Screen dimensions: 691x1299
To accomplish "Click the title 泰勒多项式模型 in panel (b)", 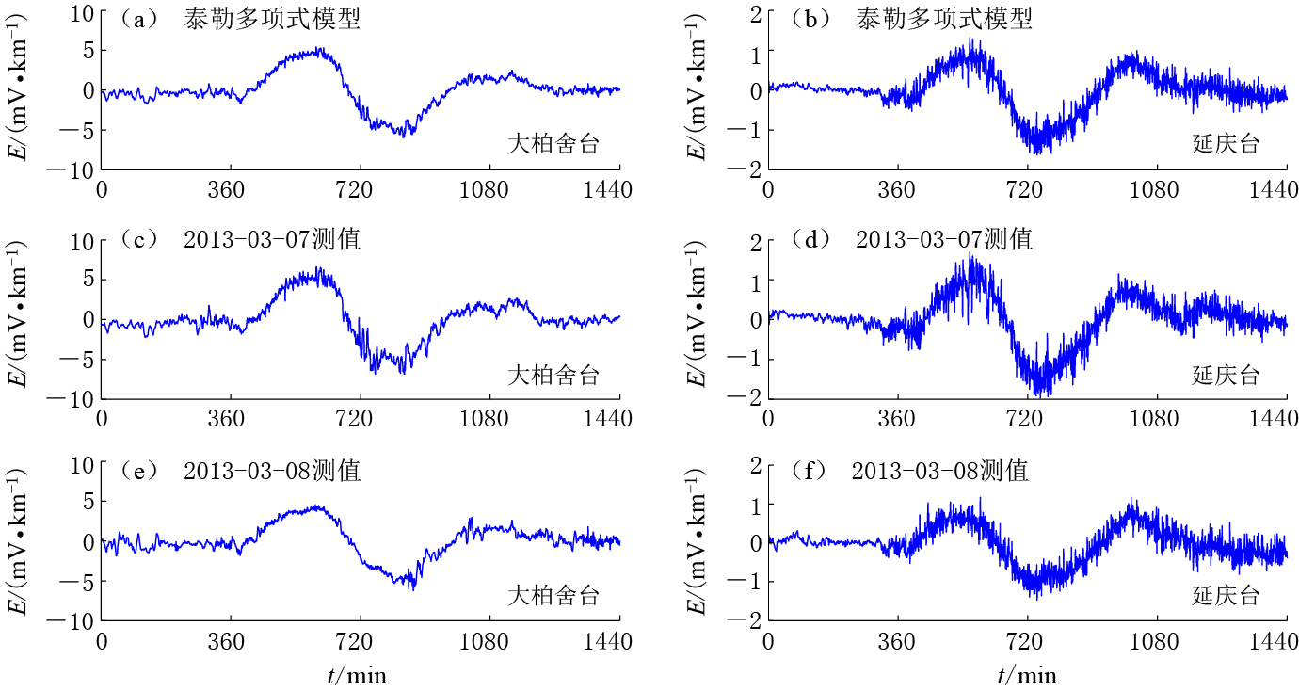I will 944,19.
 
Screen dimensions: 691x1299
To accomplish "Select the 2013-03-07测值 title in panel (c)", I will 273,240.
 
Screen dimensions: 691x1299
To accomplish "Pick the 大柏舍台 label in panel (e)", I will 553,596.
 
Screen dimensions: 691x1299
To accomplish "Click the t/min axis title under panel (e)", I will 357,674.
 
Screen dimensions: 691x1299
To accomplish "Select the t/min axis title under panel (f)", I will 1027,674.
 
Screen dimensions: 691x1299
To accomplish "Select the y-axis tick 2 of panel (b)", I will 751,11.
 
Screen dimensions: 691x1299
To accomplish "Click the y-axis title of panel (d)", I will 698,320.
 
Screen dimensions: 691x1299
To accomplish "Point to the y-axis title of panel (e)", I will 19,545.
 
